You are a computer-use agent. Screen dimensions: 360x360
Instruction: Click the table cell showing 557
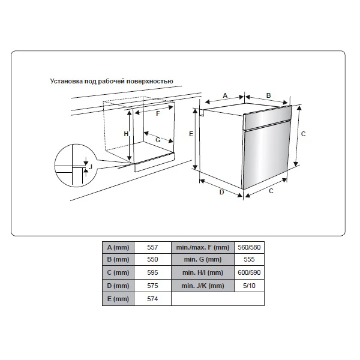point(152,247)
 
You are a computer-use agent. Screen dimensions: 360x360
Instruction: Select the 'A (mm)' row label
point(118,247)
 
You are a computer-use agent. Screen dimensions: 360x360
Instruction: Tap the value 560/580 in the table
point(249,247)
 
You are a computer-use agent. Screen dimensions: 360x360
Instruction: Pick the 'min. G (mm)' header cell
point(203,259)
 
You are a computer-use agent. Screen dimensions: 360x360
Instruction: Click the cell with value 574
point(152,299)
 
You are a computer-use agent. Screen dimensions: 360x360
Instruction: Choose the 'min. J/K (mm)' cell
point(203,286)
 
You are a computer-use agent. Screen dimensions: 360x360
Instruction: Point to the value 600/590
point(249,272)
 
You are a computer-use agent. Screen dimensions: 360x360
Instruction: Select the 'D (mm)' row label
point(118,286)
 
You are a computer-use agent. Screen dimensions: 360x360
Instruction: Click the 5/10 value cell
point(249,286)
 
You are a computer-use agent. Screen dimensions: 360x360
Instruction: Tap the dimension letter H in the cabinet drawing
point(126,134)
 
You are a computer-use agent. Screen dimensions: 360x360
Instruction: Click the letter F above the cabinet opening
point(158,113)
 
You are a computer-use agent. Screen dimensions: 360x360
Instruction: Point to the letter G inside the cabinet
point(158,140)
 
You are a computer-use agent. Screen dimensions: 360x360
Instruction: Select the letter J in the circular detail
point(91,167)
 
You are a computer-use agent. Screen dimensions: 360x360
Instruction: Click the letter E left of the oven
point(191,134)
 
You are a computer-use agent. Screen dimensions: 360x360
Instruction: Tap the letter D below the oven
point(221,192)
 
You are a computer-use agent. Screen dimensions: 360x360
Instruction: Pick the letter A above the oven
point(225,95)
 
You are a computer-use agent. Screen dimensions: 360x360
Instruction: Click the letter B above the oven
point(268,95)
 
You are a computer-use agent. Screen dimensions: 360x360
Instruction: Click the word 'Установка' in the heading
point(67,81)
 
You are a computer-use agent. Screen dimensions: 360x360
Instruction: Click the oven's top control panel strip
point(268,118)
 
